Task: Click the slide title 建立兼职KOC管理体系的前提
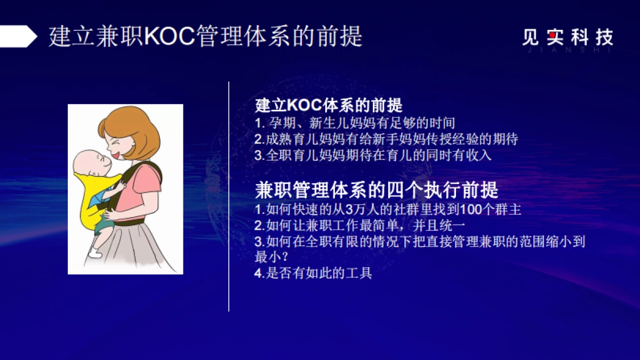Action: [x=205, y=37]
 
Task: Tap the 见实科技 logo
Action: [x=567, y=38]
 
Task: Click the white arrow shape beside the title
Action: [x=18, y=37]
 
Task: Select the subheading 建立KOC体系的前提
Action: [x=329, y=105]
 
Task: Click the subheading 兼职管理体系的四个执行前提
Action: [x=377, y=190]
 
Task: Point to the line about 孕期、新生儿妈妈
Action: [x=354, y=123]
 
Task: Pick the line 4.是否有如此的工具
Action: [x=313, y=274]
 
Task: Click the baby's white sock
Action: [x=97, y=250]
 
